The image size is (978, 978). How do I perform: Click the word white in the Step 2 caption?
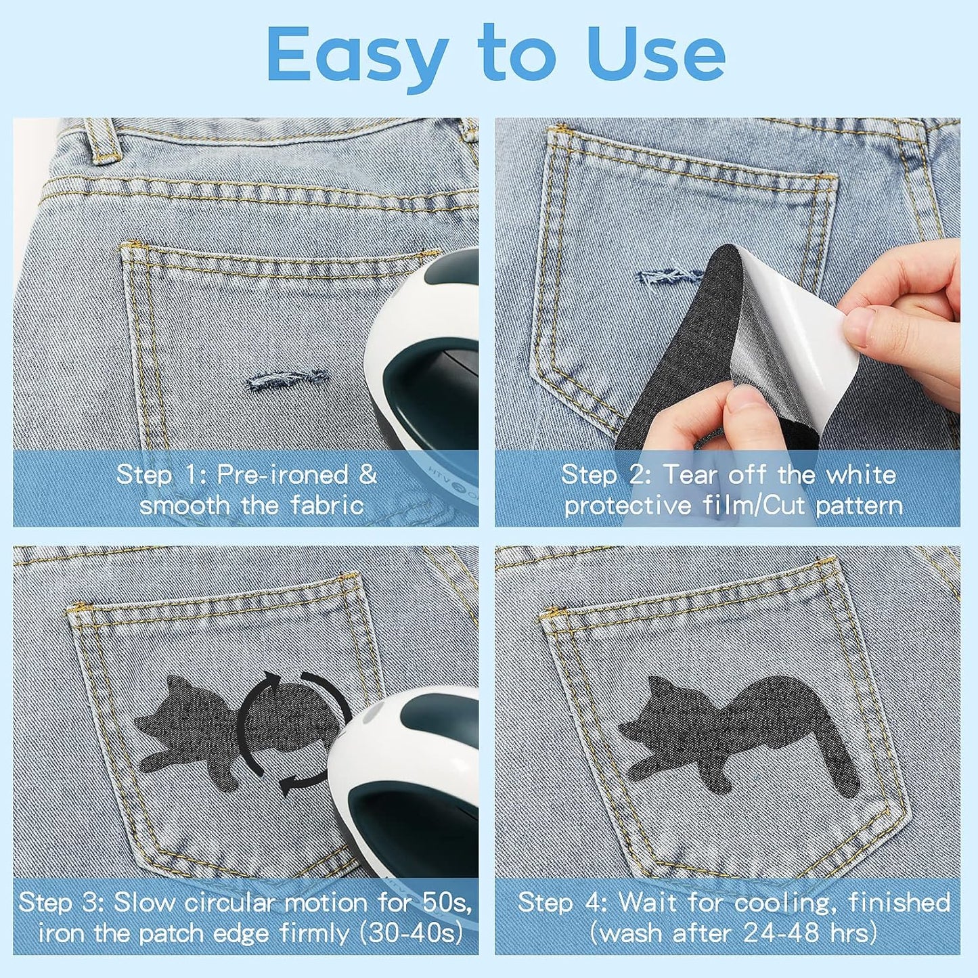(861, 474)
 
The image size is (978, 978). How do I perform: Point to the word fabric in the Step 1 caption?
(328, 506)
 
